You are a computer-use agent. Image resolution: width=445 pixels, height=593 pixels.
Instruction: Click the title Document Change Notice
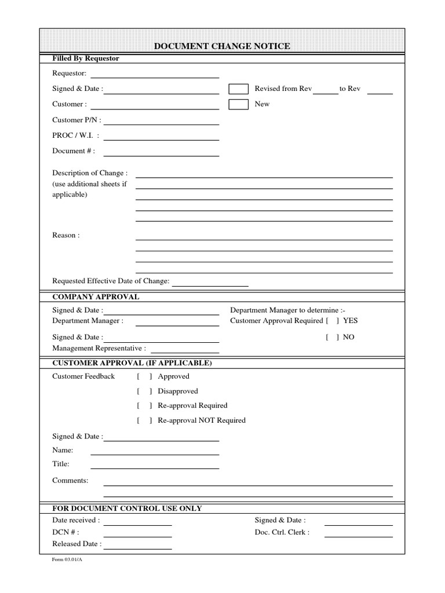(x=222, y=46)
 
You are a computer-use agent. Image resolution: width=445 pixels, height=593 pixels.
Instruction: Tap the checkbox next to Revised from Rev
(x=238, y=89)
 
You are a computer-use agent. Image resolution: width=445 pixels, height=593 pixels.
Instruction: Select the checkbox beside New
(x=238, y=104)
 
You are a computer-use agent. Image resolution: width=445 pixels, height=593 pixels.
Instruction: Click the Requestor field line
(x=155, y=76)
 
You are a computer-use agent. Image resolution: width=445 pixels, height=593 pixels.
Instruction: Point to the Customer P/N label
(x=76, y=120)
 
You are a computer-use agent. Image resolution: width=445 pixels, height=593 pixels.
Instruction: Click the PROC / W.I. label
(x=75, y=136)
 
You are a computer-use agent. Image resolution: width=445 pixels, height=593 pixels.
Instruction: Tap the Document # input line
(x=161, y=155)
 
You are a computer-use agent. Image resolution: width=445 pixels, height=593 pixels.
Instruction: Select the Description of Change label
(x=90, y=173)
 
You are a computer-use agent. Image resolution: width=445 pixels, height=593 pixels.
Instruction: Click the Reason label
(x=66, y=235)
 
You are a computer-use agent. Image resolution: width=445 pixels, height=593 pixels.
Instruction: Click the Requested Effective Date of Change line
(x=210, y=285)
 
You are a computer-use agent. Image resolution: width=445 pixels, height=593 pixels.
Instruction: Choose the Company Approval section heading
(x=96, y=296)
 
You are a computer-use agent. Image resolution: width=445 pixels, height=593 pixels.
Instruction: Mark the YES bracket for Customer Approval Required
(x=333, y=321)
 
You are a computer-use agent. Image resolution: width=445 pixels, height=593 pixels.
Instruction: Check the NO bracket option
(x=333, y=337)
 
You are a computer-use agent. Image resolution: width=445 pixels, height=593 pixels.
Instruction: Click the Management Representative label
(x=99, y=349)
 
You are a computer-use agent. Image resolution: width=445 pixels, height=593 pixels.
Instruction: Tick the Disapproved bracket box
(x=144, y=391)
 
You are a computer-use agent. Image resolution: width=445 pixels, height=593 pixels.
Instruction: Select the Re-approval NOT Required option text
(x=202, y=420)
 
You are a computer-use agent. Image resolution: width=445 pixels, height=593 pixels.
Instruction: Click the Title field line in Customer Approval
(x=155, y=467)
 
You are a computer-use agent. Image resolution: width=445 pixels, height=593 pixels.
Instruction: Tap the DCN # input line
(x=137, y=536)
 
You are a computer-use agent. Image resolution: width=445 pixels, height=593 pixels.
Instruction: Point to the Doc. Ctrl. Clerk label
(x=282, y=532)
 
